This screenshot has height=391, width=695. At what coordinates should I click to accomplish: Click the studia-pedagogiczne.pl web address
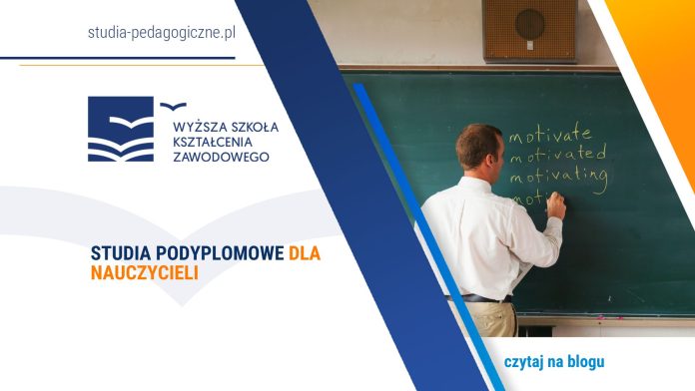point(161,33)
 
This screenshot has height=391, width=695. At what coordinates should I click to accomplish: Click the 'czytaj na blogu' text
point(554,361)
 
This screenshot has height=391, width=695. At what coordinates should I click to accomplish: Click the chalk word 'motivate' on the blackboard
point(549,133)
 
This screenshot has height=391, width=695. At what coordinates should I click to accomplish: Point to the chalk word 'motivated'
point(557,155)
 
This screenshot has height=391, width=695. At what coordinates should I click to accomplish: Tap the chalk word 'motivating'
point(558,178)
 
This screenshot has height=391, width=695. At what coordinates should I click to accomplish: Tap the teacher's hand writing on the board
point(555,206)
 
